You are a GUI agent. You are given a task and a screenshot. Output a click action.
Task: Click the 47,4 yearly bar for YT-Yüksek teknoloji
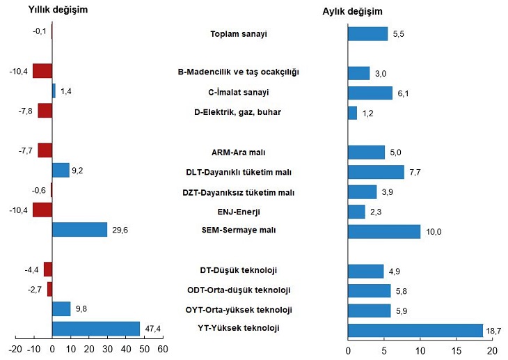[96, 329]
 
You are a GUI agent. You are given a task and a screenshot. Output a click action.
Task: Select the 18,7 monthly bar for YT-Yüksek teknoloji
[415, 329]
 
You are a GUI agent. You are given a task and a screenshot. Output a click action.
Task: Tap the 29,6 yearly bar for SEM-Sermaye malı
[79, 229]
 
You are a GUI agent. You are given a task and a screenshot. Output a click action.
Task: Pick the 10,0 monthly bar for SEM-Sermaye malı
[383, 230]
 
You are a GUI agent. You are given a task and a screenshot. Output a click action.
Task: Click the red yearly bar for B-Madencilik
[42, 71]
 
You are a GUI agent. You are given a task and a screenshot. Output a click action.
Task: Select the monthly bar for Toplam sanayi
[367, 33]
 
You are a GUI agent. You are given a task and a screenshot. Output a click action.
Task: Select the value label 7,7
[415, 171]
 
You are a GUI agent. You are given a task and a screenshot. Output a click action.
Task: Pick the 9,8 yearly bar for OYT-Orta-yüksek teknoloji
[61, 308]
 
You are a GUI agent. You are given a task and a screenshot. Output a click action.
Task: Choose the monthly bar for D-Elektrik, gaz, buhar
[352, 112]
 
